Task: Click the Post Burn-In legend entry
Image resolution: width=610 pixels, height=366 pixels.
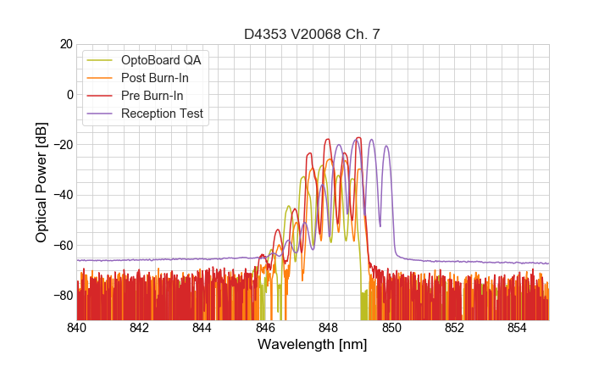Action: [155, 78]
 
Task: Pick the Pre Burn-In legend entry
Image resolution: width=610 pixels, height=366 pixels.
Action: [152, 96]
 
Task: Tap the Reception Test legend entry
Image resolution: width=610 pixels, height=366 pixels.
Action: [162, 114]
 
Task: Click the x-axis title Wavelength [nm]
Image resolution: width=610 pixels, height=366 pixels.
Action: [312, 345]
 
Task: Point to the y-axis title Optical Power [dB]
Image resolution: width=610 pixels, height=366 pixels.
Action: [42, 182]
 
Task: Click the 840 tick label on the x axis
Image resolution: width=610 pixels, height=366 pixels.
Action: [77, 328]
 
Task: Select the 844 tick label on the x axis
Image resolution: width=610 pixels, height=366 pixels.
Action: [202, 328]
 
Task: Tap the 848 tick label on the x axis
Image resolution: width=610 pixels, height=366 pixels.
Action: [329, 328]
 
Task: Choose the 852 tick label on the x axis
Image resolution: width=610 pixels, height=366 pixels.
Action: [454, 328]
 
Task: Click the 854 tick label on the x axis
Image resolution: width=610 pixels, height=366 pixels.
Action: [517, 328]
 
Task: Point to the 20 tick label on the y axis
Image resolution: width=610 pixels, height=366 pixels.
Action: [64, 44]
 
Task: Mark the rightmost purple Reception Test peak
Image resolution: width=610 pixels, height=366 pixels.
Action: [386, 146]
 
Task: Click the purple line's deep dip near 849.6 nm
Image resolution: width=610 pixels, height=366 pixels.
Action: [380, 225]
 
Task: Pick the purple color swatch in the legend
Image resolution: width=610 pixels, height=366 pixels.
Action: [100, 114]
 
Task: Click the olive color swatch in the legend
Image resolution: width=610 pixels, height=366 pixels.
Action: [100, 60]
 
